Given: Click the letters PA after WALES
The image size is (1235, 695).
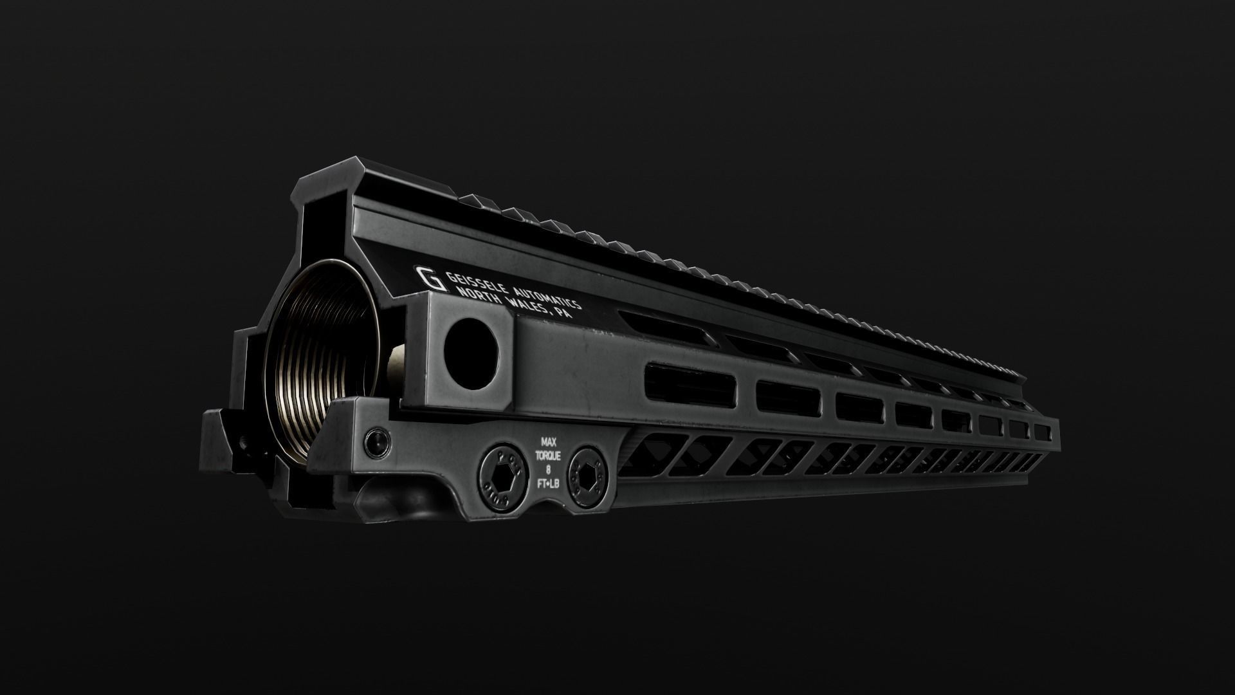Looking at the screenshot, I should pyautogui.click(x=565, y=315).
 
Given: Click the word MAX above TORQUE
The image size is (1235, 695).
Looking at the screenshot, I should pyautogui.click(x=548, y=443).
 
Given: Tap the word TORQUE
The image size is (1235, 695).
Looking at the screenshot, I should pyautogui.click(x=548, y=456).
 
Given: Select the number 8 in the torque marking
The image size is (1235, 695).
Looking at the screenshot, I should pyautogui.click(x=548, y=468).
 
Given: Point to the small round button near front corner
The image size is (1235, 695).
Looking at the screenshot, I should pyautogui.click(x=376, y=441).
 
